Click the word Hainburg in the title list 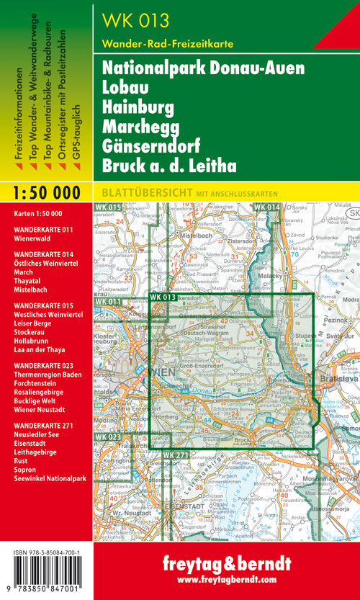[138, 108]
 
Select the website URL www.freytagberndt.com [225, 579]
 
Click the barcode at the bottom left [45, 573]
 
